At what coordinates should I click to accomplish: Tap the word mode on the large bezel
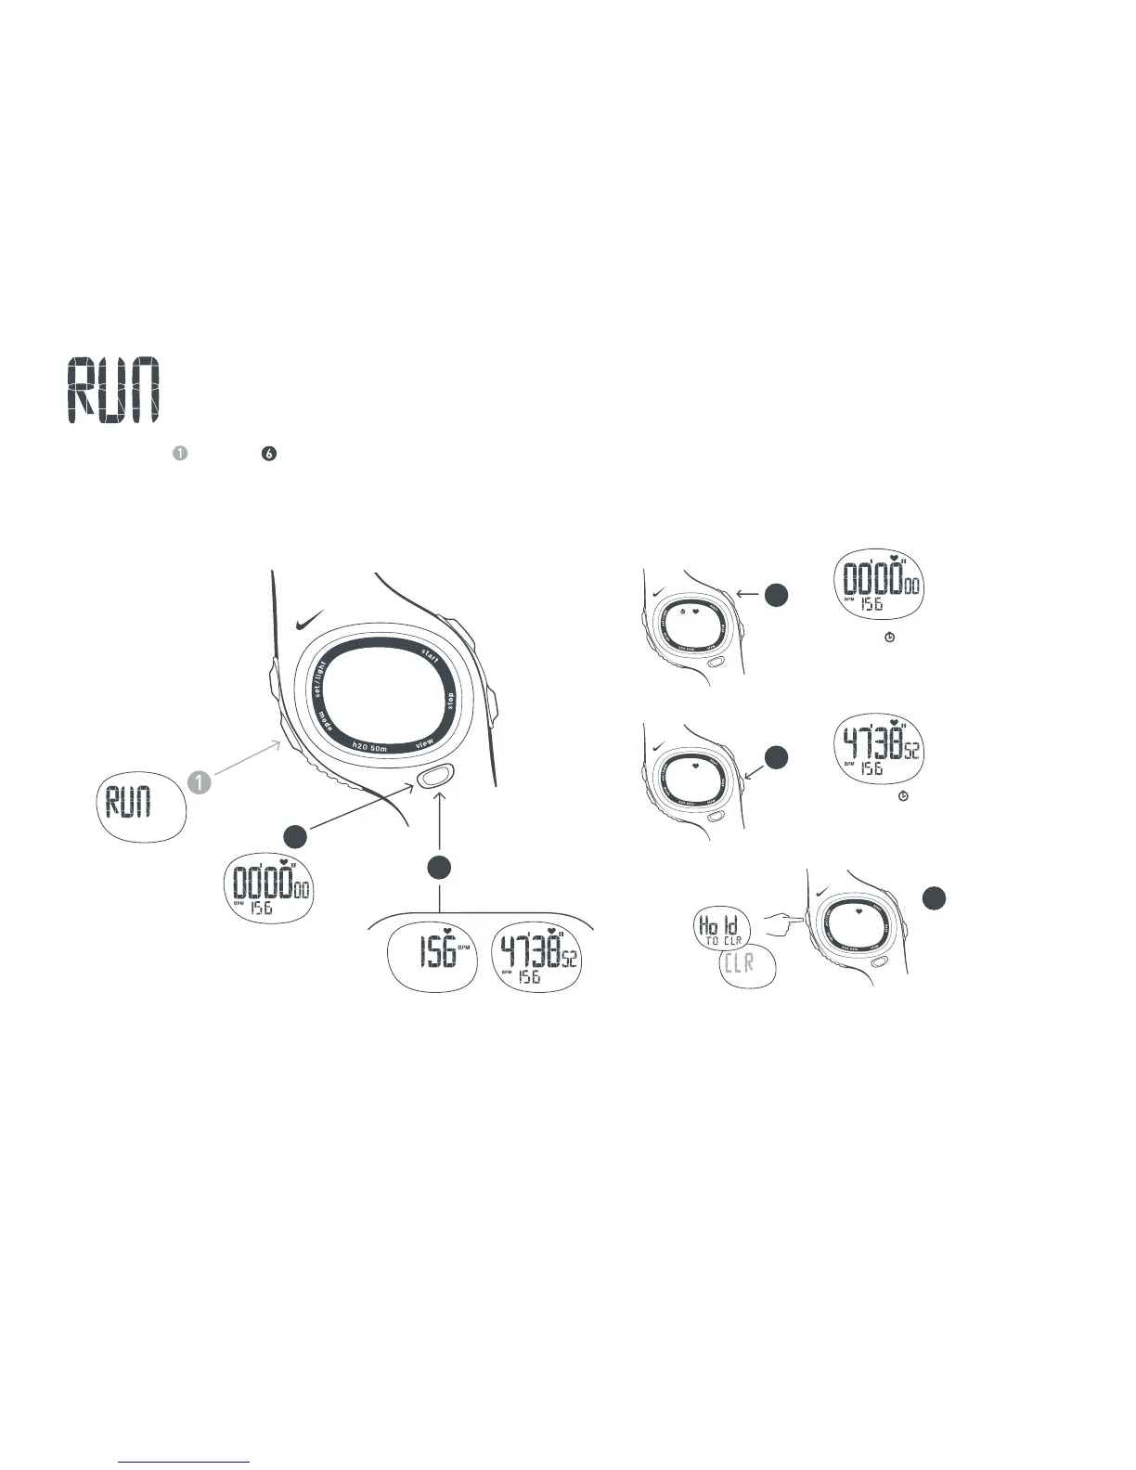coord(326,722)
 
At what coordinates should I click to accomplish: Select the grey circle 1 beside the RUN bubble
coord(200,782)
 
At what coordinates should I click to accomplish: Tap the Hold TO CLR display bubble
coord(721,930)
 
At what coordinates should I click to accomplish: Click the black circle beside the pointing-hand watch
coord(936,897)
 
